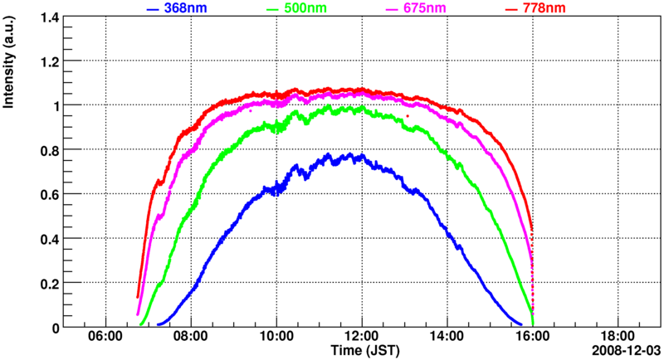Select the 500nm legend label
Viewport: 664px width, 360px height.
click(x=310, y=7)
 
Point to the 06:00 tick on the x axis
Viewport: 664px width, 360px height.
click(x=105, y=338)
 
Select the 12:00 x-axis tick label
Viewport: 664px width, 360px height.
click(x=361, y=338)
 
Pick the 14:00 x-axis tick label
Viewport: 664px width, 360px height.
click(x=447, y=338)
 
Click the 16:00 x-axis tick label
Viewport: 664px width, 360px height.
click(x=532, y=338)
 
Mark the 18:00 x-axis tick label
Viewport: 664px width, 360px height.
click(x=617, y=338)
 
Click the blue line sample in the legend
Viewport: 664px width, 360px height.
click(x=153, y=8)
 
